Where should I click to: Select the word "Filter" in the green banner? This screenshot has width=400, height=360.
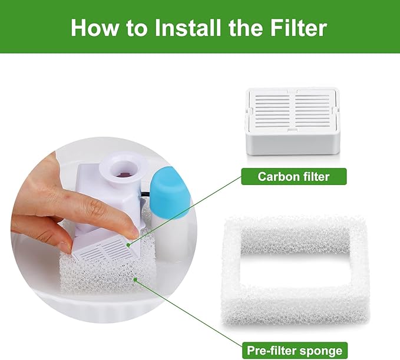pos(297,27)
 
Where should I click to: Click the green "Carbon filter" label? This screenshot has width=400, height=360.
pos(293,176)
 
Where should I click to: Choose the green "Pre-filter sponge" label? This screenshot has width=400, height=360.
pos(293,350)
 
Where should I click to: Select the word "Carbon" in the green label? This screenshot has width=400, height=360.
pos(277,176)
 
